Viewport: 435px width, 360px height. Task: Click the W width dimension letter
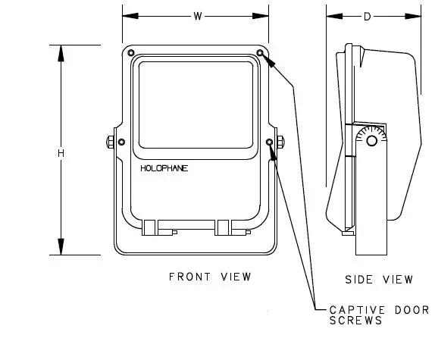tap(197, 15)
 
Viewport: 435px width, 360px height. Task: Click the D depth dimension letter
tap(368, 15)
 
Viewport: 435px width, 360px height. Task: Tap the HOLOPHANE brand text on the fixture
tap(164, 168)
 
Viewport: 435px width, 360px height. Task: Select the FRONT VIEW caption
tap(209, 277)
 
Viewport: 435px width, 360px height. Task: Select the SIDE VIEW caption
tap(379, 280)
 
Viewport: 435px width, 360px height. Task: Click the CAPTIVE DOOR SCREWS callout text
tap(378, 315)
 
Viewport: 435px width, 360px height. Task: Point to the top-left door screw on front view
tap(132, 53)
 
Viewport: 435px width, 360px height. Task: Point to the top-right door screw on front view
tap(260, 53)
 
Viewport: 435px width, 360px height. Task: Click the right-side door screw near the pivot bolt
tap(270, 142)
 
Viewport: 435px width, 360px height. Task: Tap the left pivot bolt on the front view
tap(111, 142)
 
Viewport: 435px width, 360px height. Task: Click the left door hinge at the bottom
tap(149, 227)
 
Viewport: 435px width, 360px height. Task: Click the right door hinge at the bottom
tap(223, 227)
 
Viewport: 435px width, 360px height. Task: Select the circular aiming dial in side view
tap(370, 141)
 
